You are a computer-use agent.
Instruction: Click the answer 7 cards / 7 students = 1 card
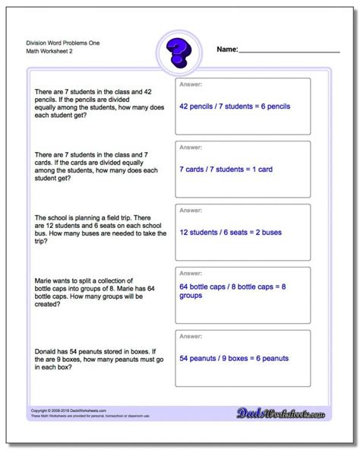click(x=225, y=169)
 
